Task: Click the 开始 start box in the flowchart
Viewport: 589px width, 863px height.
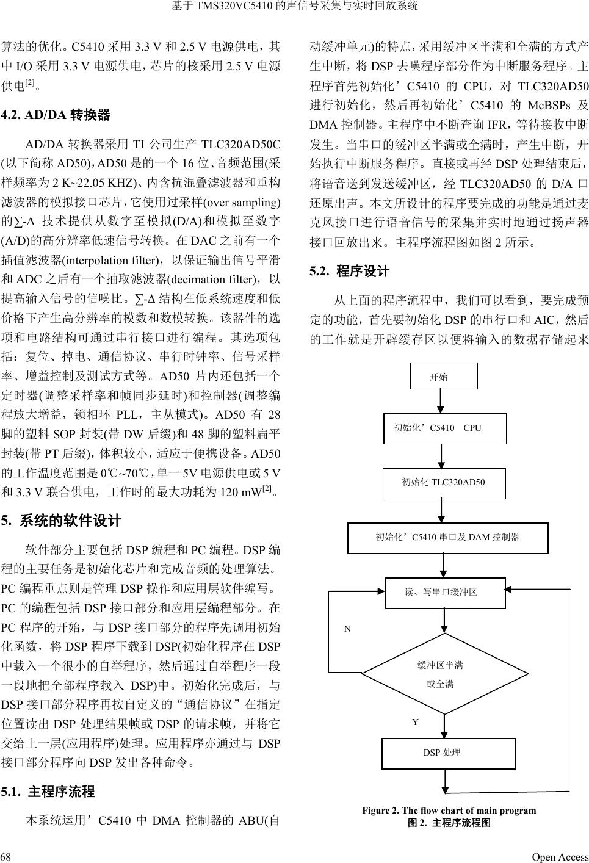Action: pos(443,376)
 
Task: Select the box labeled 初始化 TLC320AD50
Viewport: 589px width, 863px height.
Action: pos(444,482)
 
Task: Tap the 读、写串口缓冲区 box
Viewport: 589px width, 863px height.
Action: pos(446,592)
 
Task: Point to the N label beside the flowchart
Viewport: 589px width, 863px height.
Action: pos(347,628)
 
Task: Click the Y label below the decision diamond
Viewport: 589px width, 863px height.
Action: pos(415,722)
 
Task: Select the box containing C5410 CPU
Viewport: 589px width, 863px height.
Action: pos(444,428)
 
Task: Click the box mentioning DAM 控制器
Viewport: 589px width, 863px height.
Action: pos(447,537)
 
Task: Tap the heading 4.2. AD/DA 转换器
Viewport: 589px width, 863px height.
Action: pos(56,115)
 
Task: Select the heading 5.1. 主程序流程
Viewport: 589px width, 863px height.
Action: pos(48,792)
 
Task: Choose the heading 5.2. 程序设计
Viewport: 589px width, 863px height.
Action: pos(349,271)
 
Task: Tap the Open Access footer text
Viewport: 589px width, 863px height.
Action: pos(560,856)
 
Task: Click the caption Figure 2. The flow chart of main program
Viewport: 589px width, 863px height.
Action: pos(449,811)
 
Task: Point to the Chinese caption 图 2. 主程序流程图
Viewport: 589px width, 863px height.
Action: pos(449,823)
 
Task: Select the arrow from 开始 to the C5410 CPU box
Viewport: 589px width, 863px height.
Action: pos(443,401)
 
